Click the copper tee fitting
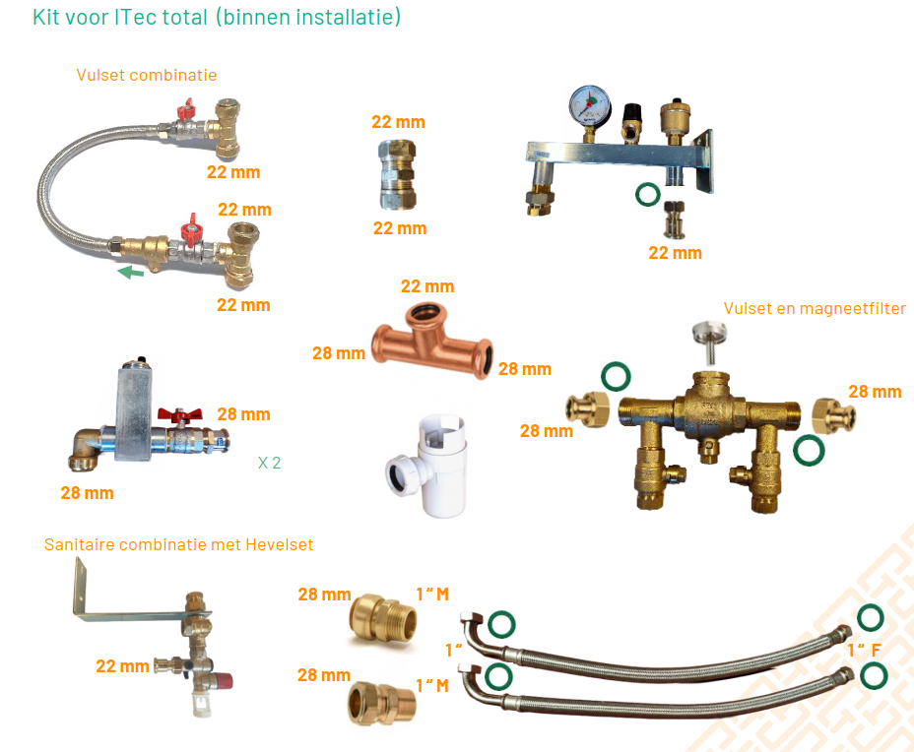tap(430, 344)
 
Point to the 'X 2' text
tap(269, 463)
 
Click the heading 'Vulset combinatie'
tap(147, 75)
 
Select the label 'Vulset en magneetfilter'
tap(815, 308)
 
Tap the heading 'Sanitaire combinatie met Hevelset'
tap(179, 544)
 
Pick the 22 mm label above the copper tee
tap(427, 286)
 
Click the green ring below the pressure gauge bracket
tap(647, 194)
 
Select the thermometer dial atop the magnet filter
tap(706, 332)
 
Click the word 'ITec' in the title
tap(138, 18)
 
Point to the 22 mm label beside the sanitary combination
tap(122, 666)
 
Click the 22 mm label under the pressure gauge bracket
tap(675, 253)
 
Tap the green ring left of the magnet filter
tap(617, 376)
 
